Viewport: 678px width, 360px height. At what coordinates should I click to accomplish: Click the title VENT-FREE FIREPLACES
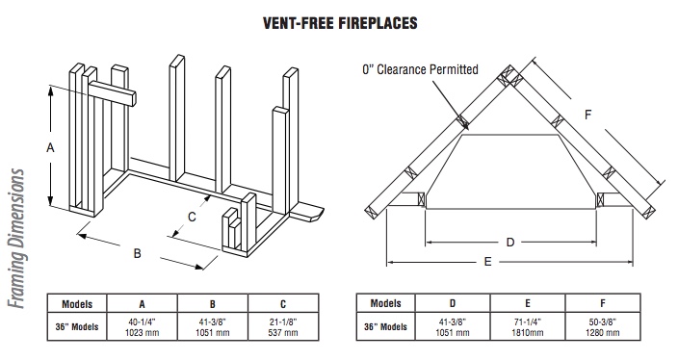pos(340,23)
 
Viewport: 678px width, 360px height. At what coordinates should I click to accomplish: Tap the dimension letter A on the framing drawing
pos(51,148)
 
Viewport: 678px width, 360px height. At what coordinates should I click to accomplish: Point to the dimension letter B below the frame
pos(137,253)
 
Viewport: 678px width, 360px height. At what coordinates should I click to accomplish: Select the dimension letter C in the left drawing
pos(192,217)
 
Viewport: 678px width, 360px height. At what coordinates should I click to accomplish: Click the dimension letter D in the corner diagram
pos(510,242)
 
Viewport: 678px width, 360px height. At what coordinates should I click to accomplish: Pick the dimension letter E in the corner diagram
pos(487,262)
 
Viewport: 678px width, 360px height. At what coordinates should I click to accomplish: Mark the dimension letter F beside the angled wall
pos(587,115)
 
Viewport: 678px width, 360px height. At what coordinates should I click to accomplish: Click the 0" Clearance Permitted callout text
pos(420,69)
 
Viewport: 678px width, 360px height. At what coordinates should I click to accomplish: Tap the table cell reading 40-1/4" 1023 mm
pos(143,326)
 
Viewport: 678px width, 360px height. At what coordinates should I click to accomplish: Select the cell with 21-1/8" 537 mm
pos(283,326)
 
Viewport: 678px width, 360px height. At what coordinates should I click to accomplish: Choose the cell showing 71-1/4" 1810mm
pos(528,326)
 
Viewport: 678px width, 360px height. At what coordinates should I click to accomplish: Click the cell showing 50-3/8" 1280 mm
pos(603,326)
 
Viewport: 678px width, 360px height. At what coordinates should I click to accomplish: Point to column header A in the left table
pos(143,304)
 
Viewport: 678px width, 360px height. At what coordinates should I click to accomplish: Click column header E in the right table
pos(528,303)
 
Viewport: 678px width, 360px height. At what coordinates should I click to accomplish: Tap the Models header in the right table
pos(385,303)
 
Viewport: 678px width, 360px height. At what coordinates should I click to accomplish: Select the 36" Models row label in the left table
pos(77,326)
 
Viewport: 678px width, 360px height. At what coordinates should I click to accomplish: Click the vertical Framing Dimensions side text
pos(16,239)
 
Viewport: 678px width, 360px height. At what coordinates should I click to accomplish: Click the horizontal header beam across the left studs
pos(113,94)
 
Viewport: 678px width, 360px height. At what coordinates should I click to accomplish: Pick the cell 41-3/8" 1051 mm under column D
pos(453,326)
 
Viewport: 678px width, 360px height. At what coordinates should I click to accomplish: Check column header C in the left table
pos(283,304)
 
